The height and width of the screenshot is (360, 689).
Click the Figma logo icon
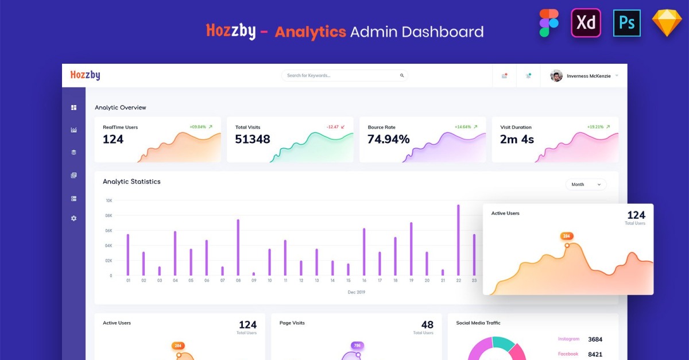[x=549, y=24]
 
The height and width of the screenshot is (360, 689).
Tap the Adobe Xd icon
[x=586, y=23]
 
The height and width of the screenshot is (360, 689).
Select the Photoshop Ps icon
[x=626, y=23]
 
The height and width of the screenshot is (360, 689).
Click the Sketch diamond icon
[x=667, y=24]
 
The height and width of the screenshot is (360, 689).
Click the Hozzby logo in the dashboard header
[x=85, y=75]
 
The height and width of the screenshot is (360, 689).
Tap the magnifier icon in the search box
[x=402, y=75]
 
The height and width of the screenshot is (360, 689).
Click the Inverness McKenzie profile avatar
[x=556, y=76]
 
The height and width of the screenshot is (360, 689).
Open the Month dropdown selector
[x=586, y=184]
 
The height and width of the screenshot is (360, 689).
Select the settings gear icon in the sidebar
[x=73, y=219]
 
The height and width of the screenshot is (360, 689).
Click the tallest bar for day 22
[x=458, y=240]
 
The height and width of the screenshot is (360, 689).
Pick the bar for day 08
[x=238, y=247]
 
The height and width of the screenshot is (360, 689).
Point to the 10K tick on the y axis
[x=109, y=200]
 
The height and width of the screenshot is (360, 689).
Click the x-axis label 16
[x=364, y=281]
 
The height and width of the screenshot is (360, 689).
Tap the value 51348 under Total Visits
[x=253, y=139]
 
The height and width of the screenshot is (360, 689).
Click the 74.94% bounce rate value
[x=389, y=139]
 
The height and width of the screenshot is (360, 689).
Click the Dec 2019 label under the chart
[x=357, y=292]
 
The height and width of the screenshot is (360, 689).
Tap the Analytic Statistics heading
[x=131, y=181]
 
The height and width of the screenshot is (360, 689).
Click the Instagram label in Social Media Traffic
[x=568, y=339]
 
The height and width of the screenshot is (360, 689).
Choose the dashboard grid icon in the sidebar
[x=73, y=107]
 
